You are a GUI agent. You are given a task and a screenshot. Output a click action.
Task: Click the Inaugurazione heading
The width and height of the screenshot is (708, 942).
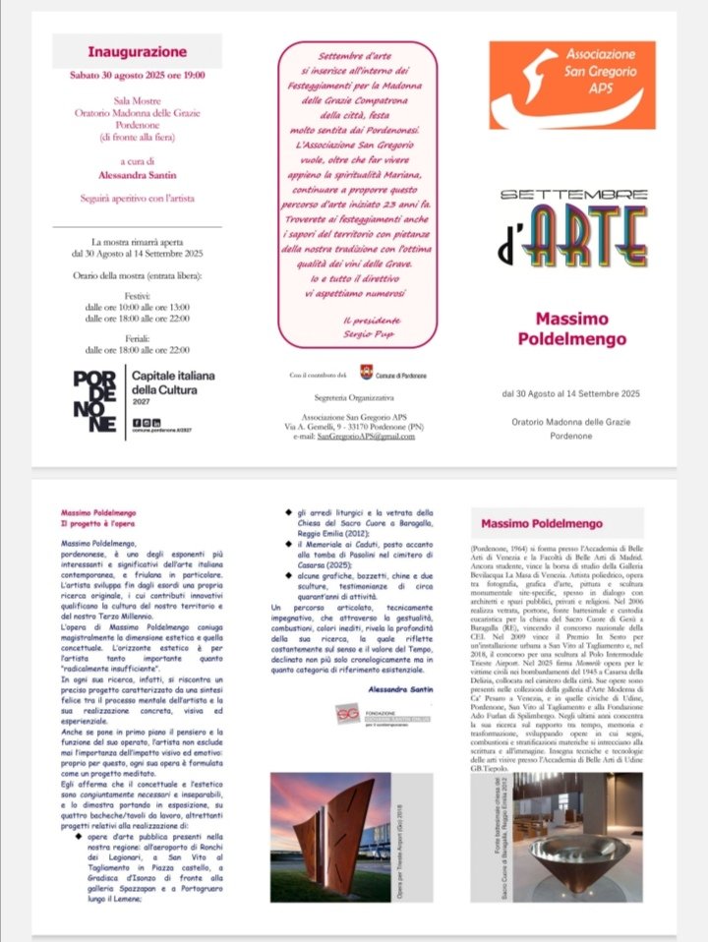[x=137, y=52]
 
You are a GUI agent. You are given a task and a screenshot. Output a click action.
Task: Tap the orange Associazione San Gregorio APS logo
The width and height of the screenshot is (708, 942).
[x=570, y=85]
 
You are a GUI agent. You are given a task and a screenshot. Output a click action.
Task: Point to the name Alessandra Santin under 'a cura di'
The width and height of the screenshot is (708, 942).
[x=137, y=175]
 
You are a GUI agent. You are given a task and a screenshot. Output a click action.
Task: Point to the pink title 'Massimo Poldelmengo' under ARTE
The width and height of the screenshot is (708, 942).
[x=570, y=329]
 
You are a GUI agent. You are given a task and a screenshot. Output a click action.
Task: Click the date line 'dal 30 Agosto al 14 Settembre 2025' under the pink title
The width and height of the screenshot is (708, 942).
[x=570, y=394]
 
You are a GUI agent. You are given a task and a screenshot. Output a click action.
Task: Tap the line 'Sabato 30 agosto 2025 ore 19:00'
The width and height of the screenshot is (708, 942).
[x=137, y=75]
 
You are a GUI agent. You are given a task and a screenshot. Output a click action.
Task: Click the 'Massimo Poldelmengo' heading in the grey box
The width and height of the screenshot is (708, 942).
[x=541, y=523]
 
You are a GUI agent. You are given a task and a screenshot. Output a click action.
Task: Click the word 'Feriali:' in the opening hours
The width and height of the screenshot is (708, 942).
[x=137, y=335]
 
